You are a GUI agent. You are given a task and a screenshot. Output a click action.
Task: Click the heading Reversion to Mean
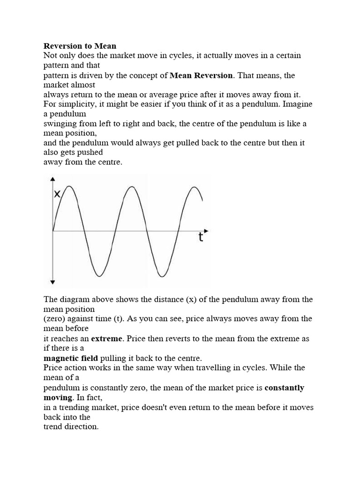[x=80, y=46]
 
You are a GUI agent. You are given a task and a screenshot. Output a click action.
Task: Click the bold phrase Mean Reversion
[x=201, y=75]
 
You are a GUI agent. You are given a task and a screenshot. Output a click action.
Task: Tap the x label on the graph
[x=57, y=194]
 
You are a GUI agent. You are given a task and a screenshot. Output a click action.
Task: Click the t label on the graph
[x=201, y=237]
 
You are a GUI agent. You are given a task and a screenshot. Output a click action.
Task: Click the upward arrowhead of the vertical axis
[x=52, y=179]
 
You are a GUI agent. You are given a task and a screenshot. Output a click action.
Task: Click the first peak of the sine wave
[x=69, y=187]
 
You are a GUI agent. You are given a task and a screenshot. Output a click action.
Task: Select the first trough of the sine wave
[x=100, y=276]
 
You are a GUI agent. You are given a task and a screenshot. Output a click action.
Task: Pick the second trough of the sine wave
[x=162, y=276]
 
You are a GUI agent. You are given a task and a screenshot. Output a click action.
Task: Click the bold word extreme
[x=106, y=338]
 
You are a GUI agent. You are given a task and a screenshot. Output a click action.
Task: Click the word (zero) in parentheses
[x=54, y=319]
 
